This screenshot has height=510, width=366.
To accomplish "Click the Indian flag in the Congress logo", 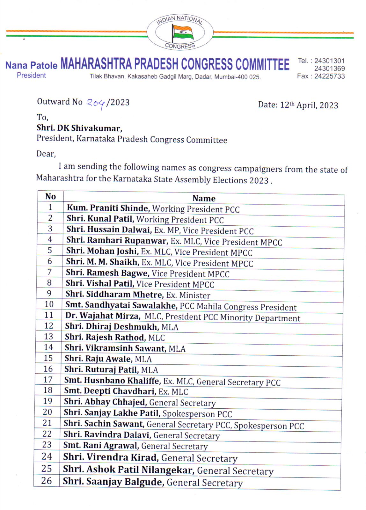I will coord(182,33).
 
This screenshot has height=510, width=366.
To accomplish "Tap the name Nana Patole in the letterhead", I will coord(31,65).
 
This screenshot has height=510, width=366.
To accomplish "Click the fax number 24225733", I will coord(329,76).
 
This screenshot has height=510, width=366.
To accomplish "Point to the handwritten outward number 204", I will coord(96,103).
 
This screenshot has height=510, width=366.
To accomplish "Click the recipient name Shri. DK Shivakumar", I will coord(79,128).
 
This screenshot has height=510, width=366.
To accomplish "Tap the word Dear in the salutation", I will coord(46,154).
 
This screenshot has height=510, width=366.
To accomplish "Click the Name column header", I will coord(204,198).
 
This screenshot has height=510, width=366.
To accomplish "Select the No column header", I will coord(50,196).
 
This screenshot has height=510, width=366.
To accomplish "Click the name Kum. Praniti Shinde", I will coord(108,208).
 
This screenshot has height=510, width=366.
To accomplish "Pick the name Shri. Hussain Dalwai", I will coord(108,229).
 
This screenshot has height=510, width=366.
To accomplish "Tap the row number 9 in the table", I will coord(49,293).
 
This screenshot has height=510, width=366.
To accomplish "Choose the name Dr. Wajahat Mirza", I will coord(102,316).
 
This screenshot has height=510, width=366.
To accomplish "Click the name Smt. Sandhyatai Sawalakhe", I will coord(121,305).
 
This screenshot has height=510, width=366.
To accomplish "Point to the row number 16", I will coord(48,369).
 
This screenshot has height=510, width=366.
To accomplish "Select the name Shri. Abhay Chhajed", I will coord(105,402).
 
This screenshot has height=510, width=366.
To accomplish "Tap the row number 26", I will coord(47,481).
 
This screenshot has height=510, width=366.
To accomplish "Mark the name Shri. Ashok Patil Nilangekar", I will coord(128,470).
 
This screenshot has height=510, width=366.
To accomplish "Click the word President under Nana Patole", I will coord(31,76).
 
